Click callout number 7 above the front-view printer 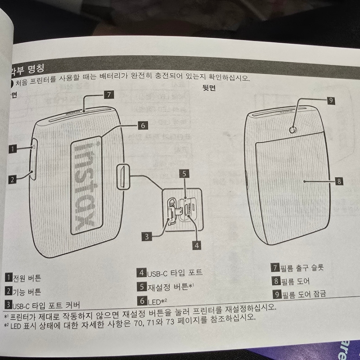109,94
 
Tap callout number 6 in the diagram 142,126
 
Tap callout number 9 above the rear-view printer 331,101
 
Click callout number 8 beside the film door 340,181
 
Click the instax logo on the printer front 86,185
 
